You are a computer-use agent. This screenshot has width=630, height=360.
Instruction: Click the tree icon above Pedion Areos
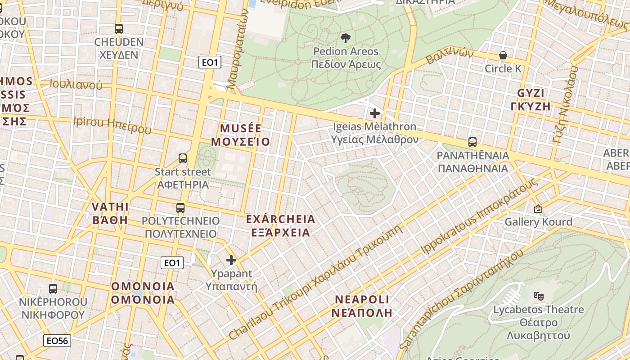[x=346, y=38]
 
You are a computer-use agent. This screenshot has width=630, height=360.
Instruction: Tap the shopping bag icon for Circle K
[x=503, y=55]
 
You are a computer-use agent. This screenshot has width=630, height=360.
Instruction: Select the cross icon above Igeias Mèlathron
[x=374, y=113]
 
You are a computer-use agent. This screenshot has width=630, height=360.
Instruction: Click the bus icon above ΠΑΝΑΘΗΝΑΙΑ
[x=472, y=142]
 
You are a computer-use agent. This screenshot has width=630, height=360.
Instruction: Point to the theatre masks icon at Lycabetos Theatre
[x=538, y=296]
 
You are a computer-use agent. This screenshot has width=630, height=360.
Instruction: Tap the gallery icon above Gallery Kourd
[x=538, y=209]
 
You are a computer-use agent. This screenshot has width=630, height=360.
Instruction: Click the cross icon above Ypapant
[x=231, y=260]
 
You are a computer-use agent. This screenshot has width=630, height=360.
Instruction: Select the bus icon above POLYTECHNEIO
[x=180, y=208]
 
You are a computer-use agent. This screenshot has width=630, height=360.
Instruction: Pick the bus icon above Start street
[x=183, y=158]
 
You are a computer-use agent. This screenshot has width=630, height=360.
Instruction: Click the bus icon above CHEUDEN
[x=119, y=29]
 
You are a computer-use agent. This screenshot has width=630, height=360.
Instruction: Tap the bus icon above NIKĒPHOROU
[x=53, y=289]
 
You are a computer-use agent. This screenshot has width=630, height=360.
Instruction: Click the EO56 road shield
[x=57, y=341]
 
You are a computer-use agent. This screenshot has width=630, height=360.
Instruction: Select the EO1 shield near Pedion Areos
[x=210, y=62]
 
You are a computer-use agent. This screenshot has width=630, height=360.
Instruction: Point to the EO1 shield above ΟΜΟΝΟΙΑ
[x=172, y=263]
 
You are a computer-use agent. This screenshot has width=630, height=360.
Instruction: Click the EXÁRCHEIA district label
[x=280, y=219]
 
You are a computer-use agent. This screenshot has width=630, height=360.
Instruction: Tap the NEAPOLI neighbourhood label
[x=362, y=299]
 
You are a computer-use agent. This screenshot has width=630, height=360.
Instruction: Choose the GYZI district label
[x=531, y=93]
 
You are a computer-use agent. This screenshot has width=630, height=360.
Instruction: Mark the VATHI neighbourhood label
[x=110, y=207]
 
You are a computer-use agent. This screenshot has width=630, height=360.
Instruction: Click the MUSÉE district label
[x=241, y=129]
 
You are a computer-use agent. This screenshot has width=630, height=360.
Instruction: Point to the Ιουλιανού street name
[x=76, y=84]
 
